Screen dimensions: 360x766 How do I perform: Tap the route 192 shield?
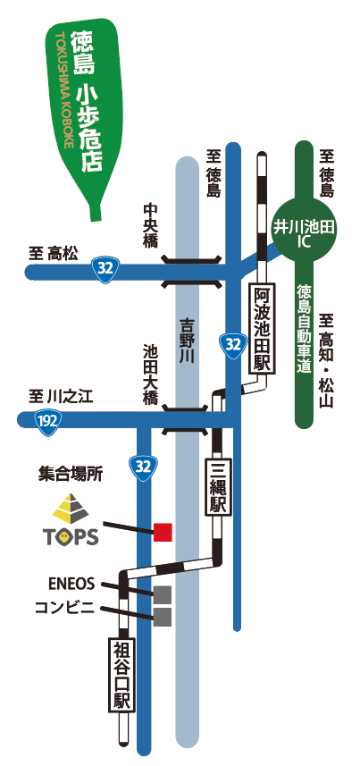[47, 420]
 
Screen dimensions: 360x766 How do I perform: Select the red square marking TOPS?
[163, 532]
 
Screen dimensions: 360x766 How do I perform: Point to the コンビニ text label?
[64, 608]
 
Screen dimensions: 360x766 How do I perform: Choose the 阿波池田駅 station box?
[263, 329]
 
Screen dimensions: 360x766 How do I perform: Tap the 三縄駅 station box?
[218, 486]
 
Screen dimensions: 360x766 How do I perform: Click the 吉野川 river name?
[187, 341]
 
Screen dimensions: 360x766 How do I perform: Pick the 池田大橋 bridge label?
[149, 375]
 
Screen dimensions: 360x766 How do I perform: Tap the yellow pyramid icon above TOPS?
[71, 508]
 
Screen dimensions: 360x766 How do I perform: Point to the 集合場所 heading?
[71, 475]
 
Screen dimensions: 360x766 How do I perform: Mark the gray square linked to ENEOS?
[163, 594]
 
